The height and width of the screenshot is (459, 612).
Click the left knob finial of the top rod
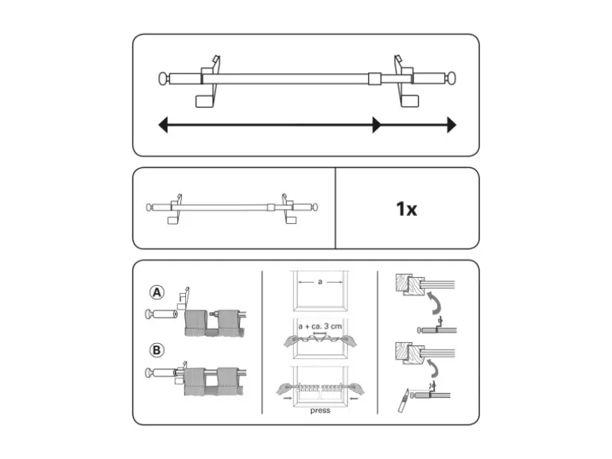(163, 79)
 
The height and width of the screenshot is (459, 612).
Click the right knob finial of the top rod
(452, 78)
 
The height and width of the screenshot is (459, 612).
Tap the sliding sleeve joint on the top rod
(374, 79)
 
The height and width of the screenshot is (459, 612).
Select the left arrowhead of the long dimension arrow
(163, 125)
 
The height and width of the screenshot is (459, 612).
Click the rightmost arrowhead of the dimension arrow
(451, 125)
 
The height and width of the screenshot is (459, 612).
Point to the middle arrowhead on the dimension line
(377, 125)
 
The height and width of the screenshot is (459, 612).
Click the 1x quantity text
(406, 209)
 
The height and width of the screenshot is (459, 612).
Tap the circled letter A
(157, 292)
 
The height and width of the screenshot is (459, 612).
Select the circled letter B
(157, 349)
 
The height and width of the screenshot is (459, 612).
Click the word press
(320, 411)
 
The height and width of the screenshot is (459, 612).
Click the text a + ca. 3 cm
(320, 326)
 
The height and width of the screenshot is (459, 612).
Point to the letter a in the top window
(320, 282)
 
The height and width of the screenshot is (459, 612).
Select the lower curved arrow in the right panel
(433, 368)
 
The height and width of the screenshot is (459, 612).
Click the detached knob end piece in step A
(161, 314)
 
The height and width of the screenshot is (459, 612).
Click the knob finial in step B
(149, 372)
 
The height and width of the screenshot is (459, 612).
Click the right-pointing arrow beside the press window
(287, 398)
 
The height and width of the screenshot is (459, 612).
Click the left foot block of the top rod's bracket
(204, 102)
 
